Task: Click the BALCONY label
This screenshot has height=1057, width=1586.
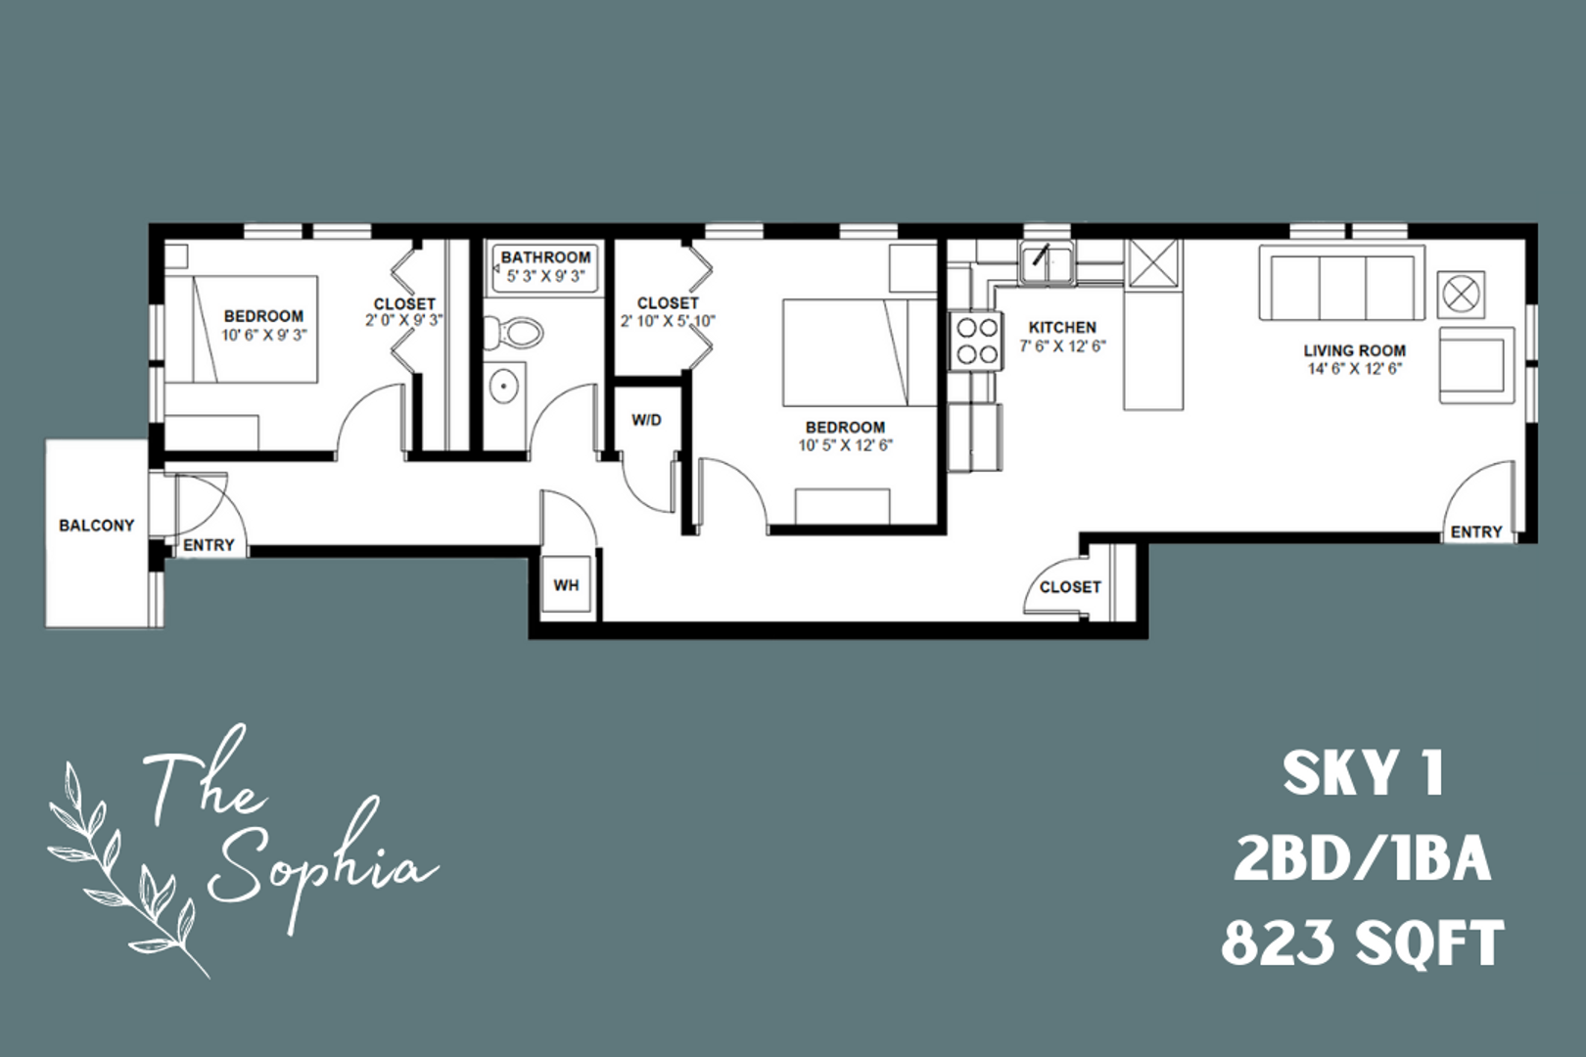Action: tap(96, 526)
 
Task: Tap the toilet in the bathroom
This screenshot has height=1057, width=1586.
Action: tap(519, 332)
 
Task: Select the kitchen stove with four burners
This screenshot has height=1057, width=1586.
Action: tap(976, 340)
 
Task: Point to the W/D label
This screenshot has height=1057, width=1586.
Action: tap(646, 421)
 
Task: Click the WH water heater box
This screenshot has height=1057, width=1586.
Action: tap(566, 585)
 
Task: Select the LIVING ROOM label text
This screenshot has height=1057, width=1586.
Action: tap(1354, 350)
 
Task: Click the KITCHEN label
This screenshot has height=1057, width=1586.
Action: tap(1062, 327)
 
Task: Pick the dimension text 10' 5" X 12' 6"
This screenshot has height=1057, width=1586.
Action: tap(845, 445)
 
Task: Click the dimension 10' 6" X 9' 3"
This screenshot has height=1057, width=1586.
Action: tap(262, 335)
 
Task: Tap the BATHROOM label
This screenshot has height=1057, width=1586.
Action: tap(545, 257)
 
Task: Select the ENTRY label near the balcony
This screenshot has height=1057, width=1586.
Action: tap(209, 545)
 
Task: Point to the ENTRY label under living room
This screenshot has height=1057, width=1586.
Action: tap(1475, 531)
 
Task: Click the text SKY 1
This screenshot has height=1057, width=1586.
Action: tap(1362, 775)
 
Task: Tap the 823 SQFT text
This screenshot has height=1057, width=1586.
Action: tap(1362, 943)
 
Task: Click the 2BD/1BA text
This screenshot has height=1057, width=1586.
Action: tap(1362, 859)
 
